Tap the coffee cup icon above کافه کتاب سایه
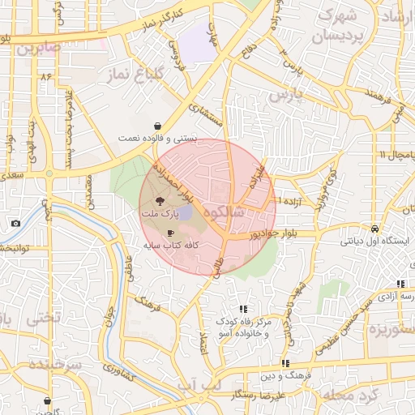coord(170,233)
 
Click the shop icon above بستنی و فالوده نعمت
coord(156,126)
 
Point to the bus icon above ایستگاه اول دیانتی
coord(374,229)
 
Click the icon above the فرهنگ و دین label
coord(285,363)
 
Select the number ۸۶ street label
coord(45,76)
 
